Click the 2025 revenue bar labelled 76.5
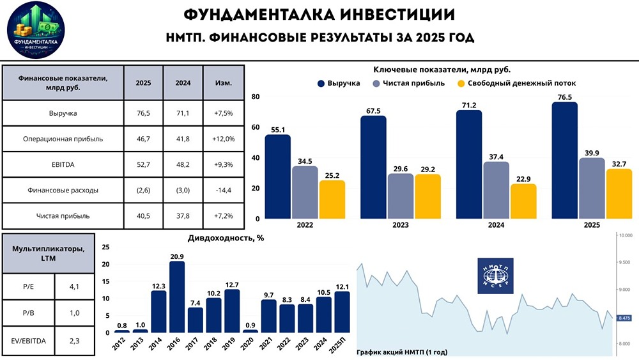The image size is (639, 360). pyautogui.click(x=564, y=160)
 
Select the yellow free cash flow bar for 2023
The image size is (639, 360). pyautogui.click(x=427, y=196)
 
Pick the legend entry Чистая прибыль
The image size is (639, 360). pyautogui.click(x=406, y=83)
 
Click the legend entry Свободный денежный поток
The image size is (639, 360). pyautogui.click(x=516, y=83)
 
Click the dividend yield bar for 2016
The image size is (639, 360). pyautogui.click(x=177, y=297)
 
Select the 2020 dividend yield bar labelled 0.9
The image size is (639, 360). pyautogui.click(x=250, y=331)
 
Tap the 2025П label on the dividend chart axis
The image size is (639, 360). pyautogui.click(x=342, y=344)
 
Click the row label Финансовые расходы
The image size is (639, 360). pyautogui.click(x=63, y=190)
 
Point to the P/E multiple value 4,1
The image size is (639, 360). pyautogui.click(x=74, y=286)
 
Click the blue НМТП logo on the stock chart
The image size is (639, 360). pyautogui.click(x=495, y=276)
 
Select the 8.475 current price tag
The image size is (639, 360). pyautogui.click(x=625, y=317)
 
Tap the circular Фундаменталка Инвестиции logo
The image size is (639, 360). pyautogui.click(x=36, y=31)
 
